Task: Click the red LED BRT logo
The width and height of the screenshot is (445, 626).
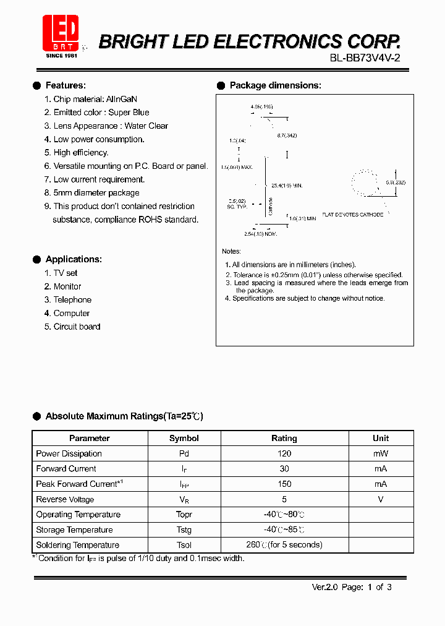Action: coord(61,33)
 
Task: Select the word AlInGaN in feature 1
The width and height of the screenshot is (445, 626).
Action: coord(122,99)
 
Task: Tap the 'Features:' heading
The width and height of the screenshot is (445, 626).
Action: coord(66,85)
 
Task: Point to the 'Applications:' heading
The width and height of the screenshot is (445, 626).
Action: coord(74,259)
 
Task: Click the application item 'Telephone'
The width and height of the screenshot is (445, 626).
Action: coord(72,300)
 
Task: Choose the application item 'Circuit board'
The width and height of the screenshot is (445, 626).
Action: coord(77,327)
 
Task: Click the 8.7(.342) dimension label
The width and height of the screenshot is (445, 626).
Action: coord(287,135)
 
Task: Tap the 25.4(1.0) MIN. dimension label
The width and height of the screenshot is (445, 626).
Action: coord(287,185)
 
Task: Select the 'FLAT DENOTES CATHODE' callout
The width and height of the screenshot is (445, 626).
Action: coord(352,215)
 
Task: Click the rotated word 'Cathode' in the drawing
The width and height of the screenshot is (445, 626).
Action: coord(270,207)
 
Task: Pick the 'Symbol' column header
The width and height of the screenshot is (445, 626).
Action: coord(184,438)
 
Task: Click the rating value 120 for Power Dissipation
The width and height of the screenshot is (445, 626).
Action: coord(284,453)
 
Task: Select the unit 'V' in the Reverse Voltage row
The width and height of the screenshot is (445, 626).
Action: coord(381,499)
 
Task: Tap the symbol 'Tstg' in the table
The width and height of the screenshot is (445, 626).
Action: coord(184,530)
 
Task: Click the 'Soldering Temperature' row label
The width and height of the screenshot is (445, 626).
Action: coord(77,545)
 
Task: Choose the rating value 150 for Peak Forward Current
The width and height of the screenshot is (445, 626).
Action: coord(284,484)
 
